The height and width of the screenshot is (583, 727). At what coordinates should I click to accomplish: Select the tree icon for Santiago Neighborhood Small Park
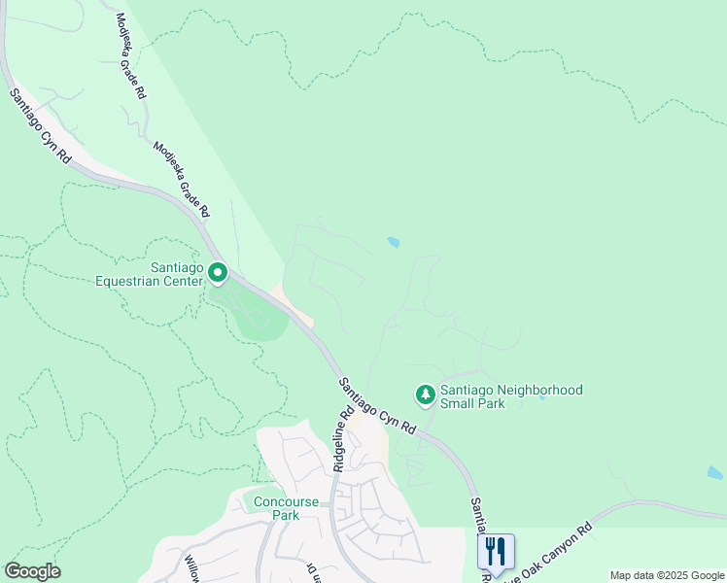pyautogui.click(x=425, y=394)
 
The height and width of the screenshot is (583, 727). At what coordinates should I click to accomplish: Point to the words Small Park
pyautogui.click(x=472, y=403)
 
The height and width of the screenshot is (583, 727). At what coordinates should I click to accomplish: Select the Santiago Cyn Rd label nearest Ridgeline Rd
pyautogui.click(x=377, y=405)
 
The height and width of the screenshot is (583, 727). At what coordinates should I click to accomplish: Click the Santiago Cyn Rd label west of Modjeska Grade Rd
pyautogui.click(x=41, y=126)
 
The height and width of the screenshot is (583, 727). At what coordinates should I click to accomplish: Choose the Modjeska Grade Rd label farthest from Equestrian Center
pyautogui.click(x=130, y=56)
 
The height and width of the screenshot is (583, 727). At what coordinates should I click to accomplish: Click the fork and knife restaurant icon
pyautogui.click(x=496, y=551)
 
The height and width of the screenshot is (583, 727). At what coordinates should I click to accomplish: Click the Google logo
pyautogui.click(x=32, y=571)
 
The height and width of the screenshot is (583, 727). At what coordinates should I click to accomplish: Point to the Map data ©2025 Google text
pyautogui.click(x=667, y=575)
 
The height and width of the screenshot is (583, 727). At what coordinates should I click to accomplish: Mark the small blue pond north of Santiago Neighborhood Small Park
pyautogui.click(x=394, y=242)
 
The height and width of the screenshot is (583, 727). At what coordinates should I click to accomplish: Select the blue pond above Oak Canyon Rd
pyautogui.click(x=714, y=473)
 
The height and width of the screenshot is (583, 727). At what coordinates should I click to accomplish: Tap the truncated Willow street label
pyautogui.click(x=194, y=565)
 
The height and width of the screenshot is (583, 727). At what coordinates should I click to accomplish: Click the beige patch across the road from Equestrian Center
pyautogui.click(x=294, y=305)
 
